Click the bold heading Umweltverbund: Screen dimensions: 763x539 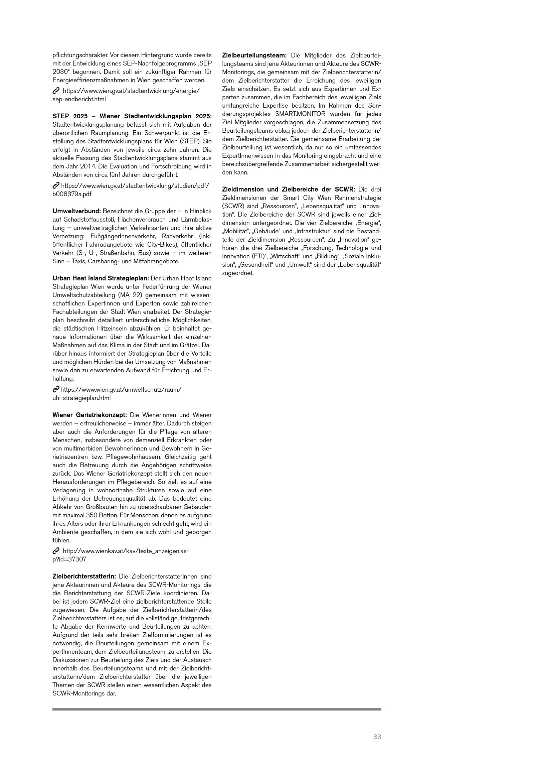point(76,211)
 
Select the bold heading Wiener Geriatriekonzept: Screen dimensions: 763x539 point(89,415)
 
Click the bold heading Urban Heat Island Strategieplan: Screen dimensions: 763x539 point(101,278)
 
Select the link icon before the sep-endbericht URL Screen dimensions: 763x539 point(56,91)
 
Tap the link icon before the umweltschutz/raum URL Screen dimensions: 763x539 point(56,390)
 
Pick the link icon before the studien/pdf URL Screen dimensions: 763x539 point(56,185)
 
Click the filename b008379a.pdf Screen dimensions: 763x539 point(72,194)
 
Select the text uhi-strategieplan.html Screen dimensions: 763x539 point(81,398)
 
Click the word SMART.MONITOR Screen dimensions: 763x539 point(300,114)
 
